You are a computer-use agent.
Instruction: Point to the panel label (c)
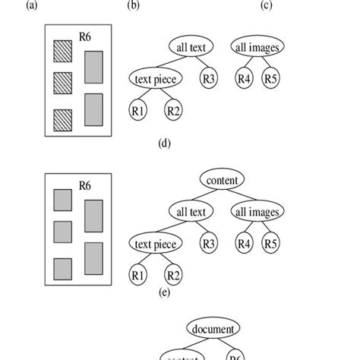pyautogui.click(x=266, y=5)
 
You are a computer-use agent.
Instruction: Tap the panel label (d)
pyautogui.click(x=164, y=141)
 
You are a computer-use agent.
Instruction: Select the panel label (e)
pyautogui.click(x=163, y=290)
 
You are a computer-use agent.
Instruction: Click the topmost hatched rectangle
pyautogui.click(x=62, y=50)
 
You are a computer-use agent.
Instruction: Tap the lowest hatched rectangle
pyautogui.click(x=62, y=119)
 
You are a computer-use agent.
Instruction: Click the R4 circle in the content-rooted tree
pyautogui.click(x=242, y=243)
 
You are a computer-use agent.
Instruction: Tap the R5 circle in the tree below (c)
pyautogui.click(x=270, y=77)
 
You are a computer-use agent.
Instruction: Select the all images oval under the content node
pyautogui.click(x=256, y=212)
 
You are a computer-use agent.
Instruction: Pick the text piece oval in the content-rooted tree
pyautogui.click(x=155, y=244)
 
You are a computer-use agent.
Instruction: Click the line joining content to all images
pyautogui.click(x=240, y=196)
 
